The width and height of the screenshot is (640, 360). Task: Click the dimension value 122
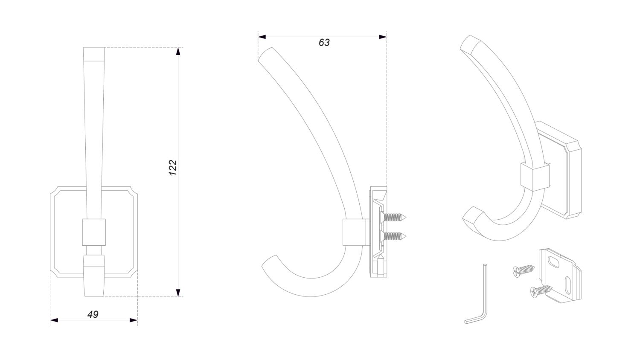point(173,168)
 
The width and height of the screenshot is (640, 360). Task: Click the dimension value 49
point(93,314)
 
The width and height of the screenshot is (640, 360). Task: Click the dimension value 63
point(324,42)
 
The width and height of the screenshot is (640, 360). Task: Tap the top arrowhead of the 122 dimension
point(178,51)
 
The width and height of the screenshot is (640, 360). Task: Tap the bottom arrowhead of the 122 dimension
point(178,293)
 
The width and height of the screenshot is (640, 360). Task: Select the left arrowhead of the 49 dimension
point(54,320)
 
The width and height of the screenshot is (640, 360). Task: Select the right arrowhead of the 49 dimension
point(134,320)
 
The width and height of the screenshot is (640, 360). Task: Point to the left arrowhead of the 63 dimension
point(262,37)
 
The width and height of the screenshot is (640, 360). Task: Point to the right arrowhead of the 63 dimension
point(383,37)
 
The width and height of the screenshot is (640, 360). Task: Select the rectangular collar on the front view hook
point(94,232)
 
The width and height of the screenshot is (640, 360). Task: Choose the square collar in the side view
point(354,232)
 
